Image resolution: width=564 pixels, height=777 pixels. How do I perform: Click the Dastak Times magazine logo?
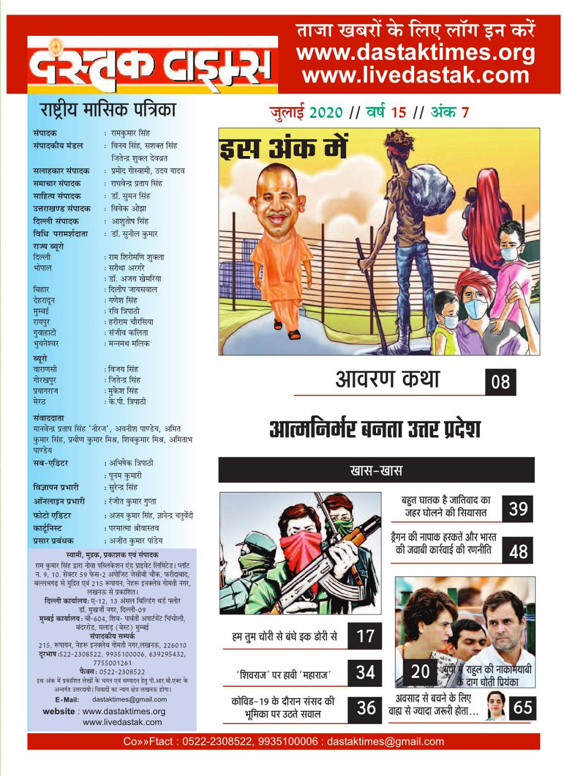coord(153,66)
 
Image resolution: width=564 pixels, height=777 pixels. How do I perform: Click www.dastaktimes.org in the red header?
coord(416,53)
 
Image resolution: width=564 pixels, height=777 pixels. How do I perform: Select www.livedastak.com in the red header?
coord(416,76)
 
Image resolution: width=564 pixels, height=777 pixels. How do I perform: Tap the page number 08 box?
coord(500,382)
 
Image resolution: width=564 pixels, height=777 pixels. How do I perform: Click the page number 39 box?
coord(517,508)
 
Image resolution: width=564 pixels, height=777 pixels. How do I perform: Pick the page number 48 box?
coord(517,550)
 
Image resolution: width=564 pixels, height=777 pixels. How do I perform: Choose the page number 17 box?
coord(365,636)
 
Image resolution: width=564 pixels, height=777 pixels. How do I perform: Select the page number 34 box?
coord(365,672)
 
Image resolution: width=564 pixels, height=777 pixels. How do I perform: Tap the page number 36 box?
coord(365,708)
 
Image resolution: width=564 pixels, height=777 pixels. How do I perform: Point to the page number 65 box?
coord(522,708)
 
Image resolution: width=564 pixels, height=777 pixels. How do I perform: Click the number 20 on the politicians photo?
coord(420,672)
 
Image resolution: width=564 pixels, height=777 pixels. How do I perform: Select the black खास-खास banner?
coord(376,470)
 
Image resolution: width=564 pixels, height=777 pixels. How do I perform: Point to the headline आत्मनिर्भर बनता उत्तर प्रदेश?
coord(375,429)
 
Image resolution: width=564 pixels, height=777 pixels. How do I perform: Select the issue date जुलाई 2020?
coord(306,112)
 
